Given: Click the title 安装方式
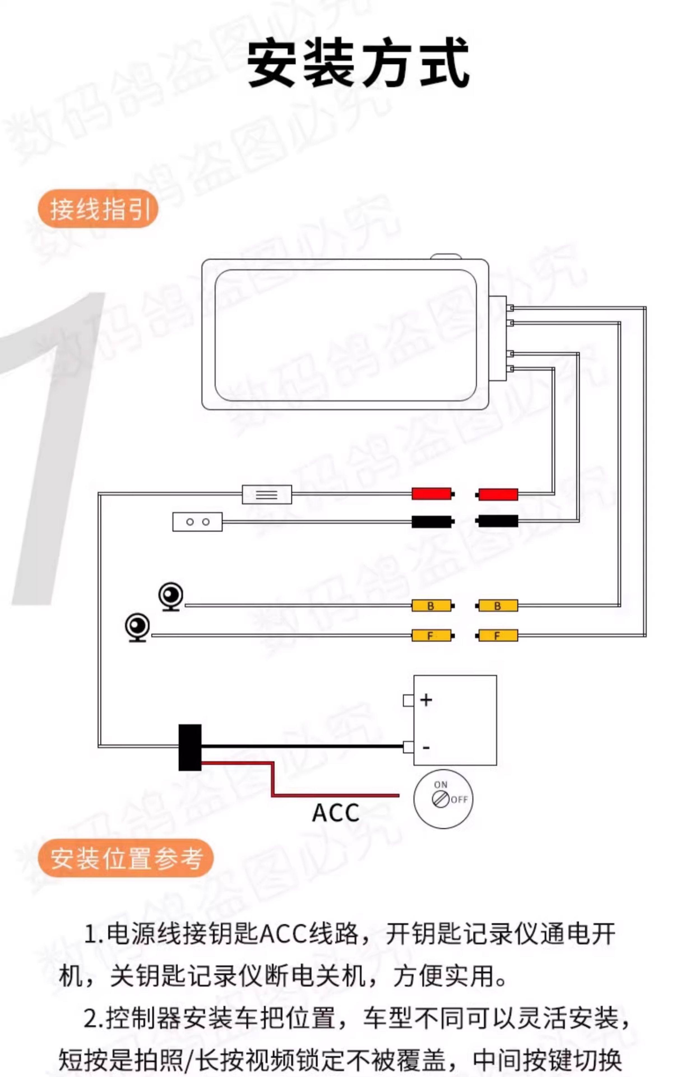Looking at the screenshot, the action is tap(359, 63).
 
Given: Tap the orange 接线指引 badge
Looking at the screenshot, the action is tap(98, 209).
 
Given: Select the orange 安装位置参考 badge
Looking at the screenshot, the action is tap(126, 858).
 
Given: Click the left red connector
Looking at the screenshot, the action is tap(432, 494).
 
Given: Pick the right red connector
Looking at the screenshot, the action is tap(497, 494).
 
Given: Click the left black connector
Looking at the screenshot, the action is tap(432, 522).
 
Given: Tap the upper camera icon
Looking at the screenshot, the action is tap(171, 596).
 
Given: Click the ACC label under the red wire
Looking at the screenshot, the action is tap(335, 813).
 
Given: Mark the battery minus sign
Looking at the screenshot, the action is tap(426, 748).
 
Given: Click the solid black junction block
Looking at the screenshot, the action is tap(190, 747).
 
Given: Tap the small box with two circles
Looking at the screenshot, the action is tap(197, 522).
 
